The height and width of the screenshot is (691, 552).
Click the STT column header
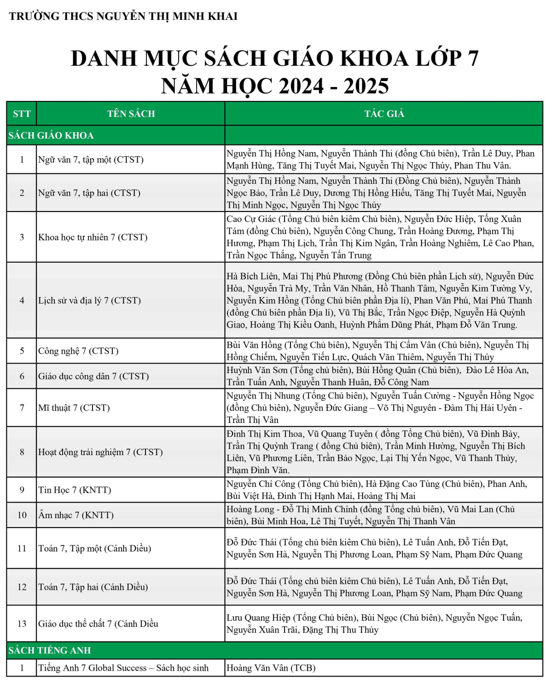pos(22,114)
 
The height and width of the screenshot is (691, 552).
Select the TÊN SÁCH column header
pos(131,114)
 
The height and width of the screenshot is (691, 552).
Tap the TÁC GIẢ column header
pos(384,114)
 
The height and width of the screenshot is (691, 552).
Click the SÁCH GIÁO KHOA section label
pos(51,135)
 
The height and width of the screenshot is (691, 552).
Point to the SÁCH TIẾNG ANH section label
pos(50,650)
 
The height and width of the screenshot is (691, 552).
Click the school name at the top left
pos(123,16)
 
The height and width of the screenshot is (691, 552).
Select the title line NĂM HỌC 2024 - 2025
pos(275,86)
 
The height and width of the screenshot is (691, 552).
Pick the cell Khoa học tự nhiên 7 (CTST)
pos(93,237)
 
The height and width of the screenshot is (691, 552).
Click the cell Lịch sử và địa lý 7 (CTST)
pos(90,300)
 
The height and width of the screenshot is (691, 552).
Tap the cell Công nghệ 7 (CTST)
pos(78,351)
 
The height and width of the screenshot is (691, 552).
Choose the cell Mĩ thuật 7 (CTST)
pos(74,408)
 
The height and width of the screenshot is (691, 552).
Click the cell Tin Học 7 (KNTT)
pos(75,490)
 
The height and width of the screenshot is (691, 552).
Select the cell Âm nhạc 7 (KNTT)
pos(76,515)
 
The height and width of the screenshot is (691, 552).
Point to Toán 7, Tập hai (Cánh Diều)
pos(93,587)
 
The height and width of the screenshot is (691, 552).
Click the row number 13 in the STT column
pos(22,624)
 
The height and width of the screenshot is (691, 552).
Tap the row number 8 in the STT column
pos(22,452)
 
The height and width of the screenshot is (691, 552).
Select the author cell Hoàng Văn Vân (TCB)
pos(271,668)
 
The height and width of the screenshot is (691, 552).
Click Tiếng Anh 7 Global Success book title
pos(123,668)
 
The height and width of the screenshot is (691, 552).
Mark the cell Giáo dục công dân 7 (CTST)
pos(93,376)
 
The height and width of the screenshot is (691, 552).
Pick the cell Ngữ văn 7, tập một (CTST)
pos(91,160)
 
